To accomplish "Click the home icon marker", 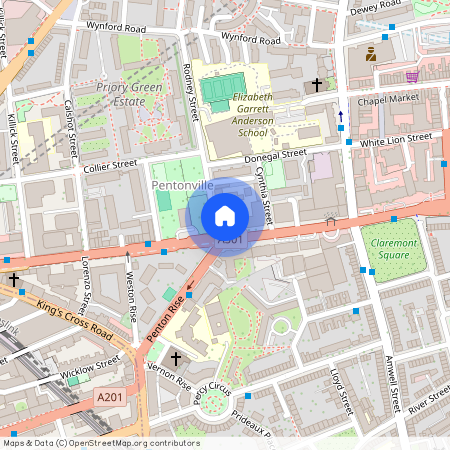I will click(225, 215).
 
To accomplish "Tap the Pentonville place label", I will click(182, 186).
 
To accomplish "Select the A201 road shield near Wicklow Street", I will click(111, 398).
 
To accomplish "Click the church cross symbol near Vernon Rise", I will click(177, 357).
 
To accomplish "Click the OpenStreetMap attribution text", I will click(101, 443).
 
